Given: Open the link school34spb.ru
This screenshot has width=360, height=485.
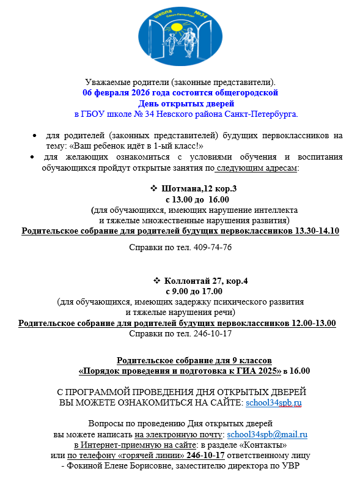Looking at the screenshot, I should [x=273, y=403].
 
